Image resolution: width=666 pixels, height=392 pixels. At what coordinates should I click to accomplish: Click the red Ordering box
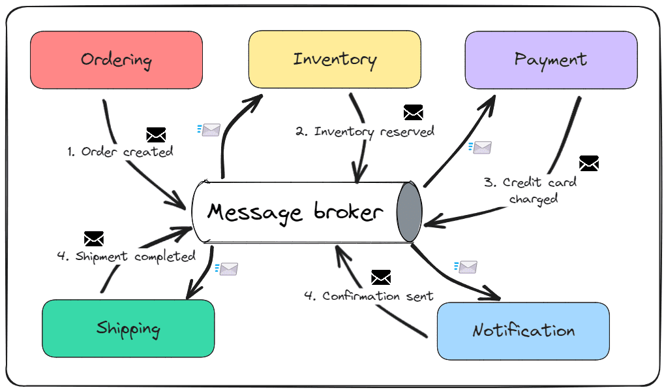pos(116,60)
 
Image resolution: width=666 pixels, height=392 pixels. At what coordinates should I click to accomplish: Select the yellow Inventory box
pos(335,59)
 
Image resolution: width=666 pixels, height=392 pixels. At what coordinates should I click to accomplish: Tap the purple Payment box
pos(551,60)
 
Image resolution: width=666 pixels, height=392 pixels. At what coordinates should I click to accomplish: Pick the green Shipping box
pos(129,329)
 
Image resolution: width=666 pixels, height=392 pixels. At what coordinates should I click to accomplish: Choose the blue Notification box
pos(523,331)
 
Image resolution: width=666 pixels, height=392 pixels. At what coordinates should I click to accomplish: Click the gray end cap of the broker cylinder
pos(409,212)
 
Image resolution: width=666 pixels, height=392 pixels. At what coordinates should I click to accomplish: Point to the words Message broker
pos(295,212)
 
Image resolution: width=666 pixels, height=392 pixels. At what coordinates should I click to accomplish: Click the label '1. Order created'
pos(120,152)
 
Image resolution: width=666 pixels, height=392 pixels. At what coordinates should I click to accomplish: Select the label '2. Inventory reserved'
pos(365,131)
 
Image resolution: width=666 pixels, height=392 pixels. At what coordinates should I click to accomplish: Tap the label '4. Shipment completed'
pos(126,256)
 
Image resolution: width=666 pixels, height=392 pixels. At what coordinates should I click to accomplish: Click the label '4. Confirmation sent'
pos(369,296)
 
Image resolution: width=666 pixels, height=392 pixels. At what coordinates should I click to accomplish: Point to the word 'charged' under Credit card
pos(534,199)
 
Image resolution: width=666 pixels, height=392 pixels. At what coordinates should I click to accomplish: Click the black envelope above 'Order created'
pos(156,135)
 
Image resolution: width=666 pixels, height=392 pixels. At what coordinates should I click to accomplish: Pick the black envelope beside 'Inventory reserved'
pos(414,112)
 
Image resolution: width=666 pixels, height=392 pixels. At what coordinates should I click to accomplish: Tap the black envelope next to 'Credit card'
pos(588,163)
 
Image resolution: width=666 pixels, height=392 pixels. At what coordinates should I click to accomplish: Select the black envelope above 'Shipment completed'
pos(94,238)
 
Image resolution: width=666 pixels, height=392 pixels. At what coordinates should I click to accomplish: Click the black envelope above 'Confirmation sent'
pos(381,278)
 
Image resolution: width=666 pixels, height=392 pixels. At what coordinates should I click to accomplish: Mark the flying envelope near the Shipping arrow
pos(227,269)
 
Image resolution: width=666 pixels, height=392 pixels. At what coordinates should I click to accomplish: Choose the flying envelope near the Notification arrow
pos(466,267)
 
